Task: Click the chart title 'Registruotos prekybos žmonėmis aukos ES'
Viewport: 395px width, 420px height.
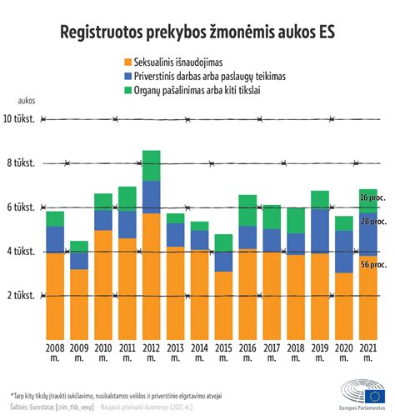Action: [197, 32]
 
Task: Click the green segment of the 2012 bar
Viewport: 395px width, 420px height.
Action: [152, 165]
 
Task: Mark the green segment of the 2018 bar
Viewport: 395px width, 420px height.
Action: [272, 220]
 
